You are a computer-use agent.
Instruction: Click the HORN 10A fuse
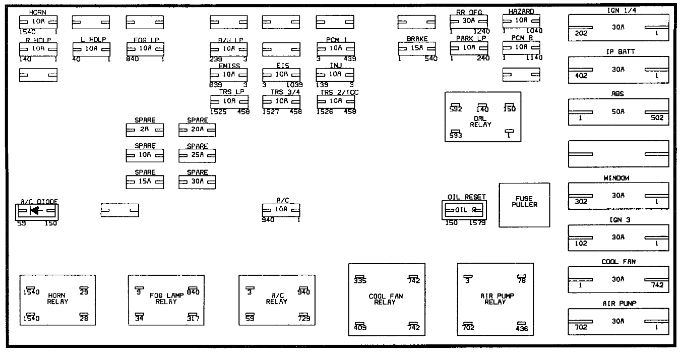tap(38, 22)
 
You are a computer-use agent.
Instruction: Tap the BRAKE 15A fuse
tap(416, 48)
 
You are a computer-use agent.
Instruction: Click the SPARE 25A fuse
tap(197, 156)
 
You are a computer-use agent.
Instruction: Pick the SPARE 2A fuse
tap(145, 130)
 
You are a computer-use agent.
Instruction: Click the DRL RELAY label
tap(483, 121)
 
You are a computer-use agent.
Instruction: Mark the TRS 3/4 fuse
tap(281, 101)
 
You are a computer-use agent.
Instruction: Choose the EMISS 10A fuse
tap(229, 74)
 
